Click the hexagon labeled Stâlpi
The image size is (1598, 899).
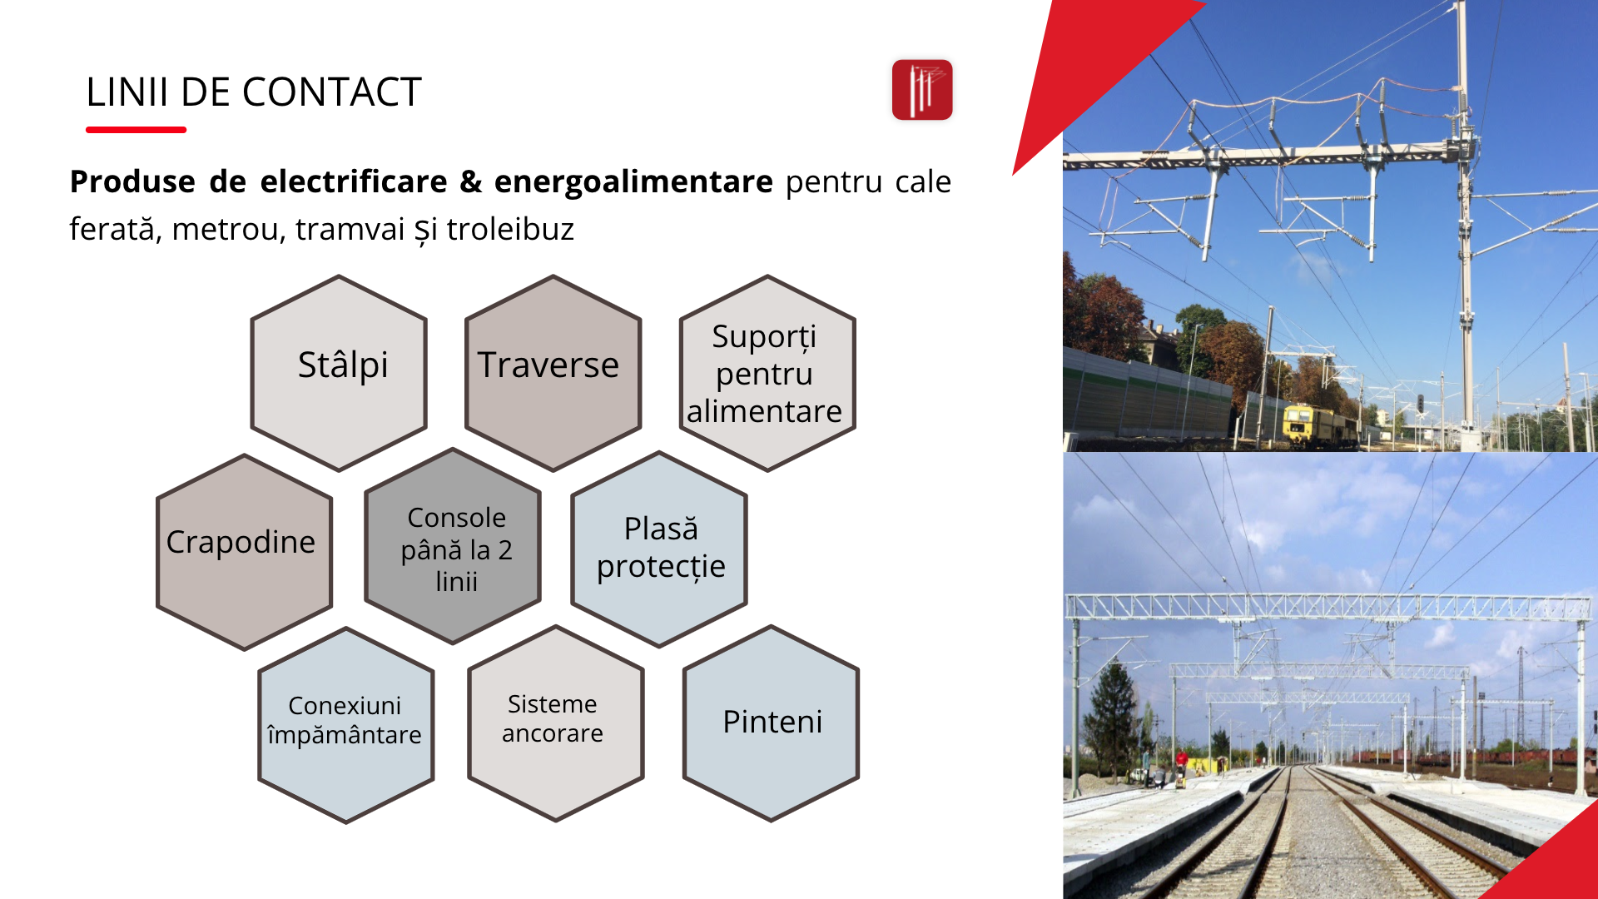pos(339,373)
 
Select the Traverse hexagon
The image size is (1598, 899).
pos(553,373)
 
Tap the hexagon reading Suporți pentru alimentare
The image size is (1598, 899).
pos(767,373)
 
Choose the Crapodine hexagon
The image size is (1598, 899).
pos(244,552)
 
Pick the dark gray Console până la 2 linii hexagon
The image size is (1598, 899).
pos(453,546)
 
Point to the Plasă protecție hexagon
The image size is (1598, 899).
pos(659,549)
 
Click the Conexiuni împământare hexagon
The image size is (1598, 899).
pos(346,725)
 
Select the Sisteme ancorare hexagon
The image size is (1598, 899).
pos(556,723)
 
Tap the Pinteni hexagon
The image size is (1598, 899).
pos(771,723)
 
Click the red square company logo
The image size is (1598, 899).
pos(922,90)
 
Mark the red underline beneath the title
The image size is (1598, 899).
pos(136,130)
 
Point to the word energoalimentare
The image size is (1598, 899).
pos(633,181)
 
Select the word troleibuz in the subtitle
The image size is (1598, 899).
pos(510,229)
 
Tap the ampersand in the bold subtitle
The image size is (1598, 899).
pos(471,181)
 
